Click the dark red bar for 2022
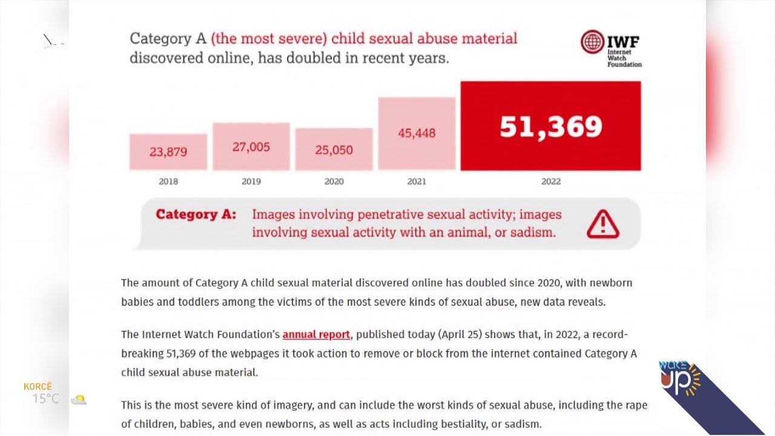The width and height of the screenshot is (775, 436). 550,126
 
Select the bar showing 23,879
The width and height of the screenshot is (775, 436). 168,151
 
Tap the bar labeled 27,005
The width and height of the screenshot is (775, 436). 251,147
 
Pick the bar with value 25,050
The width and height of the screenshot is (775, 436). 334,149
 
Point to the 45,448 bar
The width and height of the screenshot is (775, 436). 417,133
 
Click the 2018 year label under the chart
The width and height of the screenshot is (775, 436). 168,181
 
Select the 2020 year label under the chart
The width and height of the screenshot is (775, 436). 334,181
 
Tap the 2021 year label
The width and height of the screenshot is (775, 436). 417,181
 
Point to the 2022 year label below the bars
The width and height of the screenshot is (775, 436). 550,181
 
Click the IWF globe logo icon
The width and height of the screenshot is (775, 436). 592,42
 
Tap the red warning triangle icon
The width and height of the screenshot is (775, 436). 602,225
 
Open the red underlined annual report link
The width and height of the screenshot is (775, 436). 316,334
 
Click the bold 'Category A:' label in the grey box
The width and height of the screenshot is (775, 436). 196,214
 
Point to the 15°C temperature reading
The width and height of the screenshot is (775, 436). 46,399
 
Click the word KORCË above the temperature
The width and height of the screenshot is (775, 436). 38,386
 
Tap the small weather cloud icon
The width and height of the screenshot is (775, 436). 79,399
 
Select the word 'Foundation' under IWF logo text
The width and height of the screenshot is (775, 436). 624,64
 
